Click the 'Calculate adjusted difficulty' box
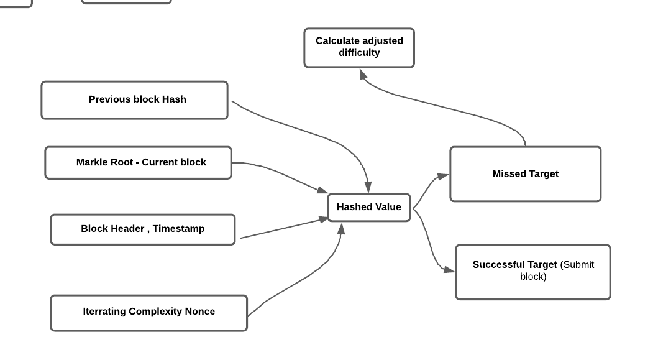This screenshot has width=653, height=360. tap(358, 47)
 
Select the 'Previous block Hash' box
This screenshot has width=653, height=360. tap(134, 99)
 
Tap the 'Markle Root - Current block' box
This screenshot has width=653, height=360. tap(138, 162)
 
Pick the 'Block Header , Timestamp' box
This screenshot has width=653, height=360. tap(142, 229)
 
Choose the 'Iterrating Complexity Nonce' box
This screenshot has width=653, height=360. tap(148, 312)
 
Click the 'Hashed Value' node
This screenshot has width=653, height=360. tap(368, 207)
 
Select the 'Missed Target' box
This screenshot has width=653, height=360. tap(525, 174)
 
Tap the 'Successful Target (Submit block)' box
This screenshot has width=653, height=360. tap(532, 272)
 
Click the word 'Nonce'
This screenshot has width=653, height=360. tap(199, 312)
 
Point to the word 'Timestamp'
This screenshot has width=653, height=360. tap(178, 229)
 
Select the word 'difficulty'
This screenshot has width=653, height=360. tap(359, 53)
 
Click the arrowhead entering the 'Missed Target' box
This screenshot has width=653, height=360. tap(442, 177)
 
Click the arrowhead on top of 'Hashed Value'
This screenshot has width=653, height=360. tap(368, 187)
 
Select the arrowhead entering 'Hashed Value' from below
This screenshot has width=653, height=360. tap(340, 228)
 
